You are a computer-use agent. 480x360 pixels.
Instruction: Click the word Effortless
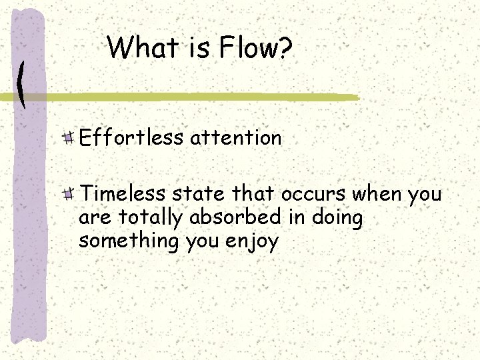coord(131,138)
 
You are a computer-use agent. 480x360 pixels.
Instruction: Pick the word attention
coord(235,138)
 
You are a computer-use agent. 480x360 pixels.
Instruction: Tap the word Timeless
coord(123,194)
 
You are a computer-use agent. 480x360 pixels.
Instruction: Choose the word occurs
coord(313,195)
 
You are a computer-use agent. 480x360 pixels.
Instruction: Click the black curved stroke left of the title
coord(21,84)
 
